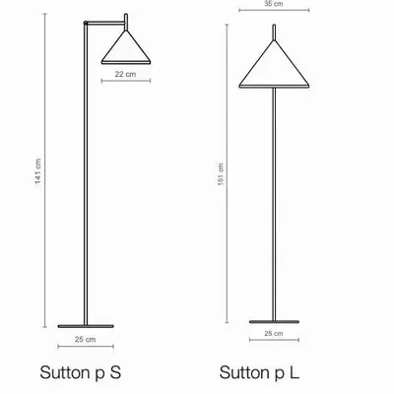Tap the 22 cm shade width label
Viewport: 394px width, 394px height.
tap(124, 74)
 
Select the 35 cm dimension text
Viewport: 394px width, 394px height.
tap(273, 5)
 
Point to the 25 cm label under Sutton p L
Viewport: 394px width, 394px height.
tap(274, 336)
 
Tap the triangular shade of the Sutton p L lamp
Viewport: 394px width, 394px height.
tap(273, 67)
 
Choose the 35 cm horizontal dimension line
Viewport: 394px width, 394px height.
tap(273, 14)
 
